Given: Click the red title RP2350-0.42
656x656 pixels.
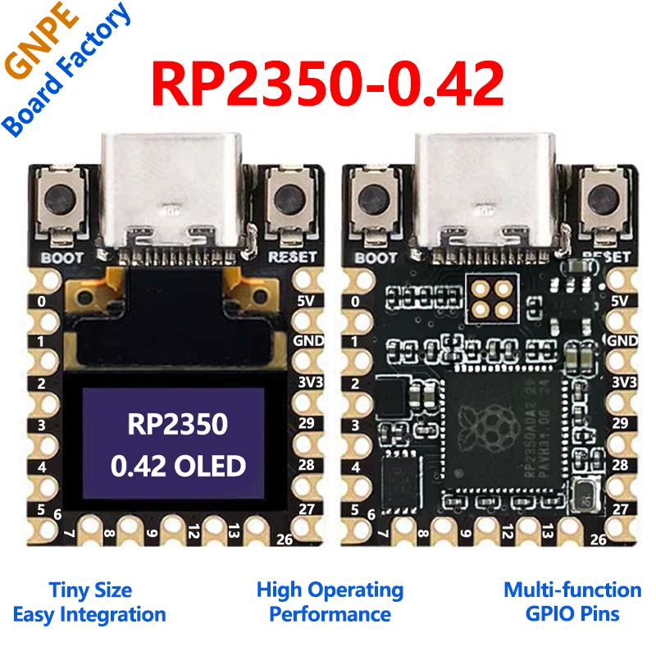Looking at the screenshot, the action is [328, 82].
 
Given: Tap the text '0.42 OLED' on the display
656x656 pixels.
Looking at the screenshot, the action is [178, 467].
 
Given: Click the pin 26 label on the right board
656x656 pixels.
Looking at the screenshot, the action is [599, 539].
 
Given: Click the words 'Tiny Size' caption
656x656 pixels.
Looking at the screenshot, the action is [89, 590].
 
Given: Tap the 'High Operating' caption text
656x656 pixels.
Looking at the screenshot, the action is [330, 590].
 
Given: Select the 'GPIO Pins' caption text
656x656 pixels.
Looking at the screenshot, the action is [572, 614].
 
